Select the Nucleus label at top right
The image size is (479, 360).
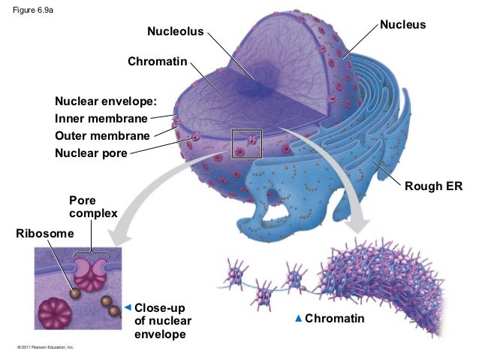coord(402,25)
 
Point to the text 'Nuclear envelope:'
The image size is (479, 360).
coord(105,101)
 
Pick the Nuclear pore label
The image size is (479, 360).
coord(90,154)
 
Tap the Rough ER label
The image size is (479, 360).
coord(433,186)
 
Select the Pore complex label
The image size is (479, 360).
coord(92,207)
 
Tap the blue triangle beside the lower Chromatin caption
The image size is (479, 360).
coord(299,320)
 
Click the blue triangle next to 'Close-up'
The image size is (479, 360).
coord(128,307)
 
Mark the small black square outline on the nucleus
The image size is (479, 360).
coord(246,144)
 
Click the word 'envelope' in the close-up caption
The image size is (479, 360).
coord(159,334)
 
